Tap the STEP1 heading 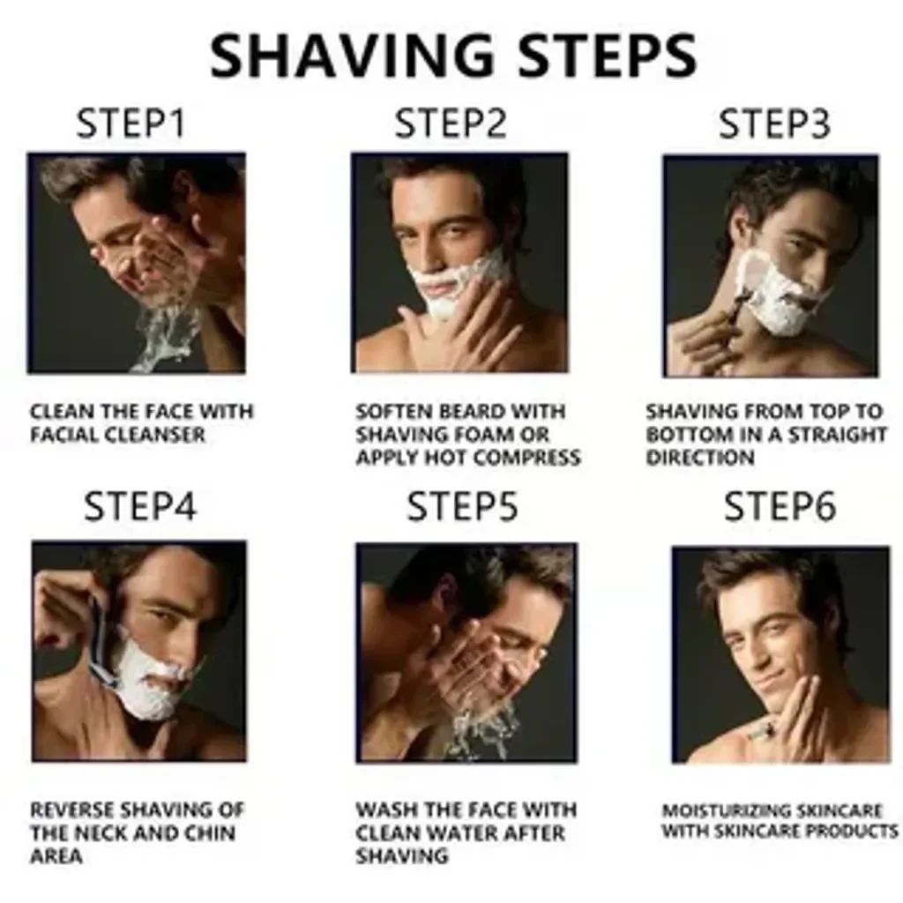coord(131,124)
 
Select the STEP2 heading coord(451,124)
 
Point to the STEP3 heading coord(774,124)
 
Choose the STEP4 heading coord(140,507)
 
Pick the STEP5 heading coord(462,507)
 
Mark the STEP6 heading coord(780,507)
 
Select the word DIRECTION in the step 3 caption coord(700,458)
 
